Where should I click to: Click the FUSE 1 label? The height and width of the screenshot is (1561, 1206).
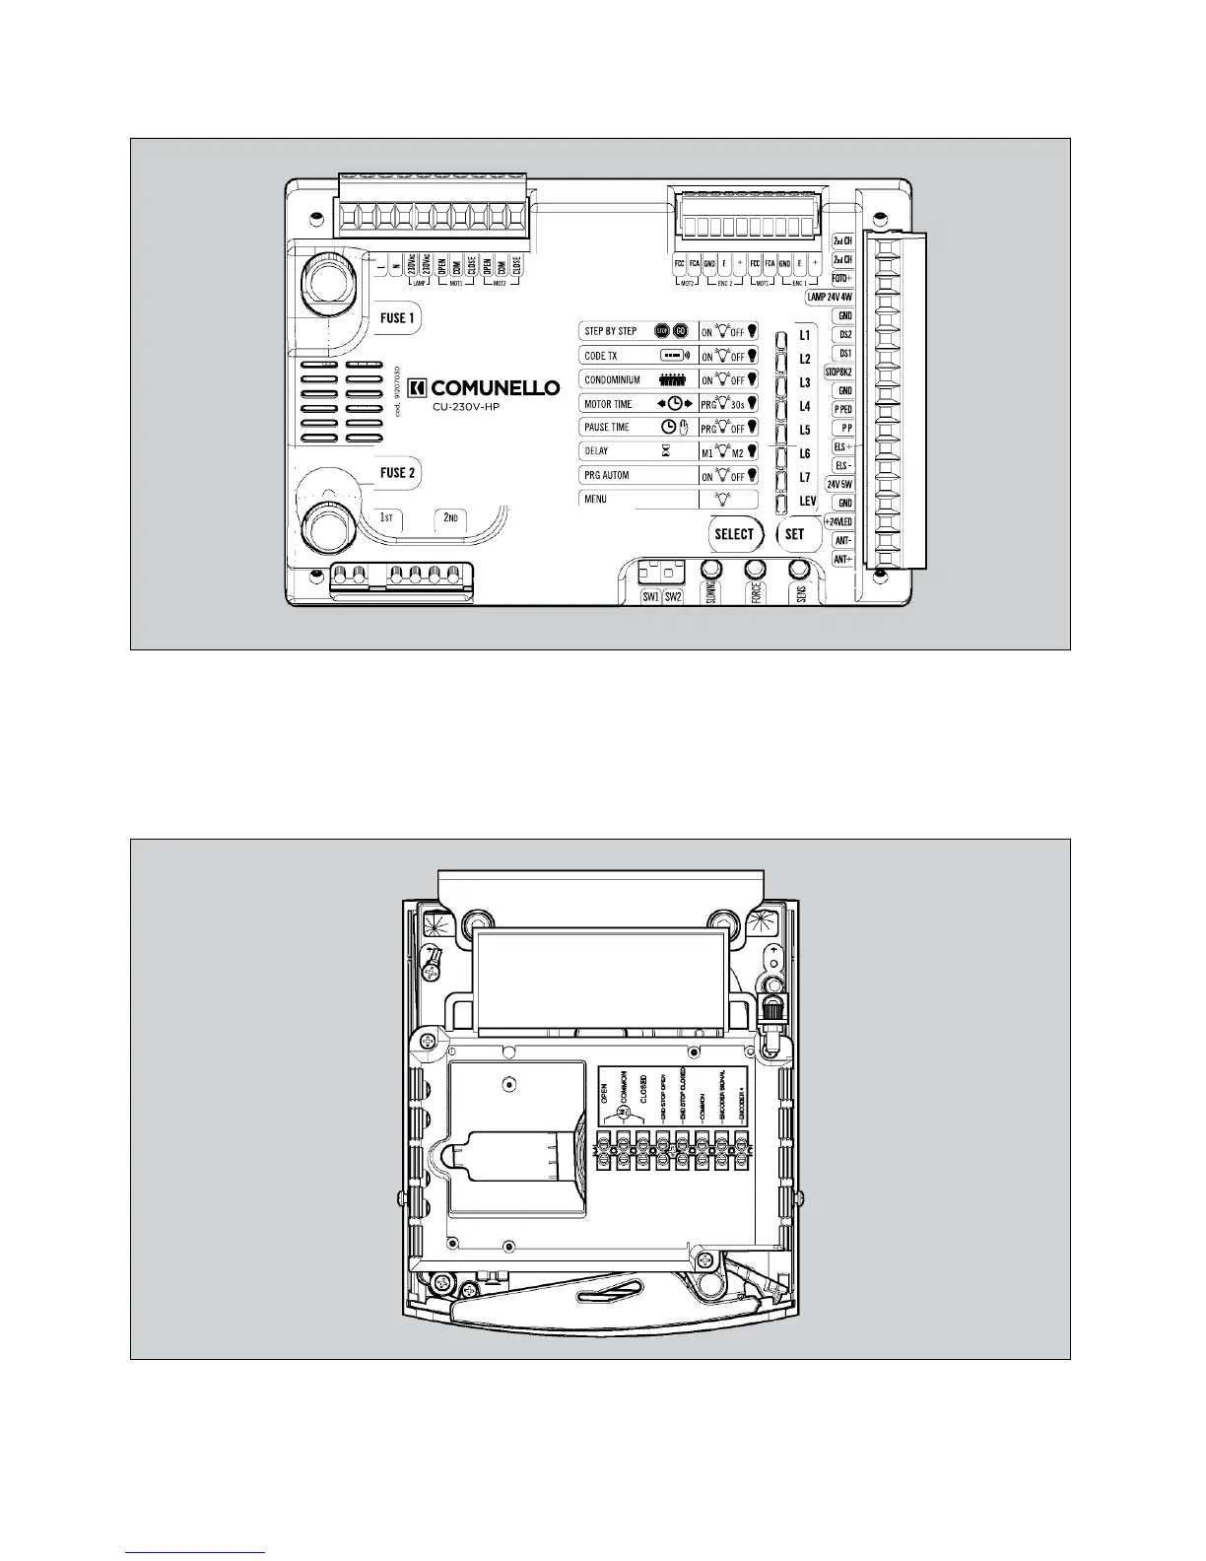point(398,318)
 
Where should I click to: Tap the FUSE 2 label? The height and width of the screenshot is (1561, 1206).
point(398,473)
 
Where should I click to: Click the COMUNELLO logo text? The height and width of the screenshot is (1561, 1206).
point(495,387)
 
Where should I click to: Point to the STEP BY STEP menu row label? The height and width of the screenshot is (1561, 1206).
point(611,331)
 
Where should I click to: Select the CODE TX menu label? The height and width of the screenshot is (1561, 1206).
point(601,356)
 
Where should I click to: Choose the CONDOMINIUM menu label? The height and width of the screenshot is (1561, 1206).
point(613,379)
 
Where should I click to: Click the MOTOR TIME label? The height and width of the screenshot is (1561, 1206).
point(608,404)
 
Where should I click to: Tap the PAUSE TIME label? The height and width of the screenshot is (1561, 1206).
point(607,428)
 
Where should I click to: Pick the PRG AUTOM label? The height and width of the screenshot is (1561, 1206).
point(606,475)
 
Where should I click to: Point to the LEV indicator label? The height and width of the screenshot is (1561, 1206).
point(807,502)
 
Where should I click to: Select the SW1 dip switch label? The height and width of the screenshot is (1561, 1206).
point(650,597)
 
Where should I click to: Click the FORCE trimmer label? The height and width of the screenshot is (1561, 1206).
point(756,595)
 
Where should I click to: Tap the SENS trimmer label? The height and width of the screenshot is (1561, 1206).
point(801,595)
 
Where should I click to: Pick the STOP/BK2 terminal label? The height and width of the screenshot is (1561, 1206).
point(838,373)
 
